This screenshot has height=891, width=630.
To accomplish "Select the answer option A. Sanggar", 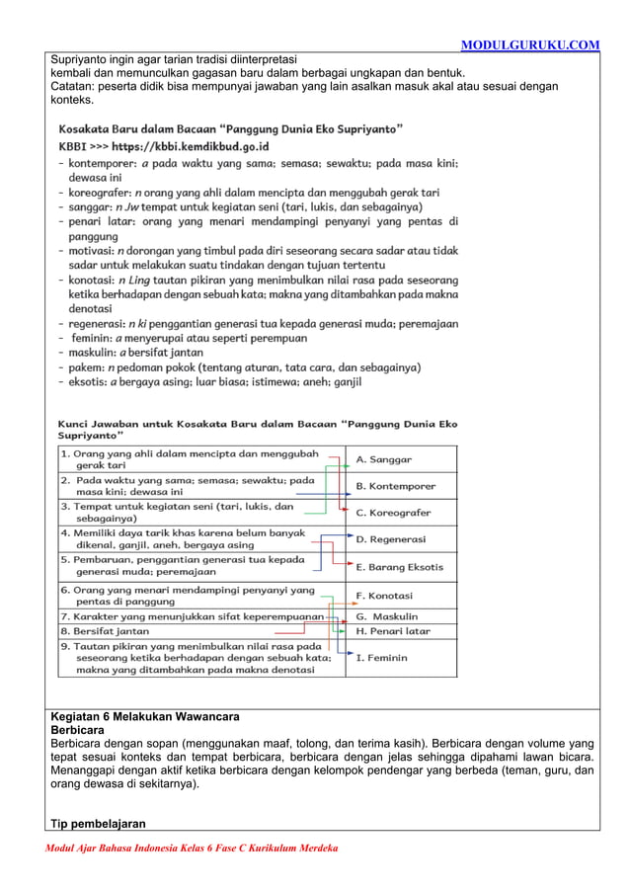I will point(384,459).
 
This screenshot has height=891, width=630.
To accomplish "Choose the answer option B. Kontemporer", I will point(395,486).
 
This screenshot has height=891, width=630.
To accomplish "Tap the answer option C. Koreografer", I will point(393,513).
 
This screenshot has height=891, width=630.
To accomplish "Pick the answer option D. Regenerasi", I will point(391,539).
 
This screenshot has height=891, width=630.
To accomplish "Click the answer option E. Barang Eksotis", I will point(399,567).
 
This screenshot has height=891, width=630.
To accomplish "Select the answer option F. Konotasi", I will point(384,596).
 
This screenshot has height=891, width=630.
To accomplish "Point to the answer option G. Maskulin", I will point(388,616).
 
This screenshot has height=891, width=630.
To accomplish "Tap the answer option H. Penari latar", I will point(393,630).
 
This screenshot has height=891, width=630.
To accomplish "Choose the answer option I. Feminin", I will point(382,657).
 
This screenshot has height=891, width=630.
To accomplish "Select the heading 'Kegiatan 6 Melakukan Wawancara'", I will point(145,716).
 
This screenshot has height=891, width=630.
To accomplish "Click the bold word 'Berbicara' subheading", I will point(77,729).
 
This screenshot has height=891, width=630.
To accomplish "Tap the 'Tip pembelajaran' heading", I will point(98,824).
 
